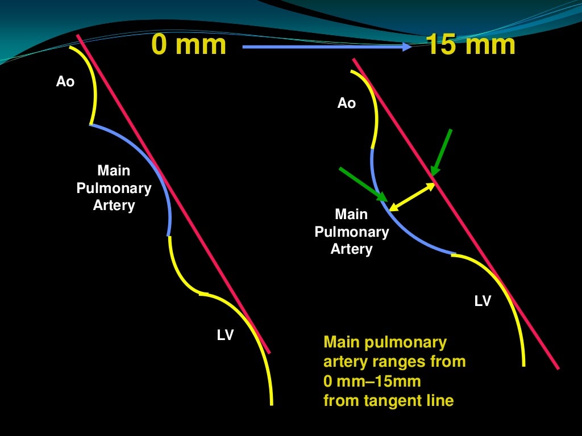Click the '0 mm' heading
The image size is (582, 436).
pos(189,44)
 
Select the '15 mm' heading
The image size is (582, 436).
pos(471,44)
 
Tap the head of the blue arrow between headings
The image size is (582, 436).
pos(406,47)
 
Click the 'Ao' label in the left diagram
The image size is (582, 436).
pos(65,82)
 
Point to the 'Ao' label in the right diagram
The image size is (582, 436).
pos(346,103)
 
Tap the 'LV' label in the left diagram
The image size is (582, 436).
pos(225,336)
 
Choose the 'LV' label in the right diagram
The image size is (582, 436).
pos(483,301)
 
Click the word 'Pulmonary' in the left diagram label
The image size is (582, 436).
pos(114,188)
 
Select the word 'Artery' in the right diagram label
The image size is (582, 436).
pos(351,249)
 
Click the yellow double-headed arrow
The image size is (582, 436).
pos(411,197)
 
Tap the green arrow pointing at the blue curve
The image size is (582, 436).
pos(363,183)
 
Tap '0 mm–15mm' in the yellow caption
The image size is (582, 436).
pos(372,380)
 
